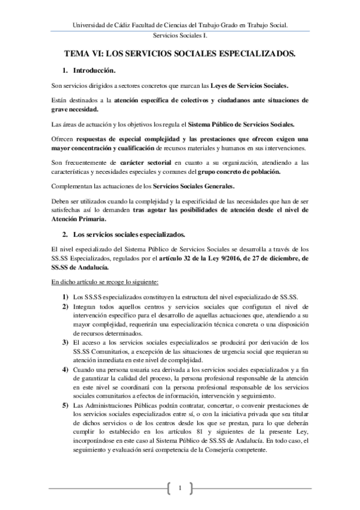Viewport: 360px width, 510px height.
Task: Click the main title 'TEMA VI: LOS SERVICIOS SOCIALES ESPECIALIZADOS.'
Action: coord(180,54)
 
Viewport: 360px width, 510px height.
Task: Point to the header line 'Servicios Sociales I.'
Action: coord(180,37)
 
